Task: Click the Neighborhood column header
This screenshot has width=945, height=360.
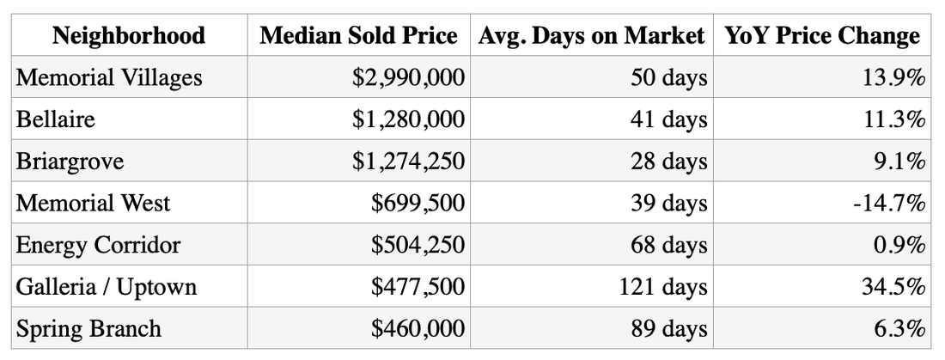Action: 129,35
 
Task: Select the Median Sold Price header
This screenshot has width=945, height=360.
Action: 358,35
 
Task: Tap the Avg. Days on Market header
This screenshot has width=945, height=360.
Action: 591,36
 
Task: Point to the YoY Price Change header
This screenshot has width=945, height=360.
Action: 822,36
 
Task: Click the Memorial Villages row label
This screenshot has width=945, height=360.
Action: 109,77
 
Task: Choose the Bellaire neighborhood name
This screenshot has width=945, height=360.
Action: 56,119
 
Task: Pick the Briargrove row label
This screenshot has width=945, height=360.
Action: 70,162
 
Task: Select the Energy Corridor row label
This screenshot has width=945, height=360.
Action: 98,245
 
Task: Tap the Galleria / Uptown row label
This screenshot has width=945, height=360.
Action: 106,286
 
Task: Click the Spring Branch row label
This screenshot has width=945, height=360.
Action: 88,329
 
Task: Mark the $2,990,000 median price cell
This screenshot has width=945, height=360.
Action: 409,78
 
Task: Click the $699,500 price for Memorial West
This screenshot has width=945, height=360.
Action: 418,204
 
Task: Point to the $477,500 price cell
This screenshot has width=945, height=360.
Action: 418,287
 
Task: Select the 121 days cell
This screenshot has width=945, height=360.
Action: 663,286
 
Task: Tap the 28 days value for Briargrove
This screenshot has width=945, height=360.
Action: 669,162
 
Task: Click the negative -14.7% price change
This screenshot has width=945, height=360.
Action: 889,204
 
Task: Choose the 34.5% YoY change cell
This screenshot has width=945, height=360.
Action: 893,286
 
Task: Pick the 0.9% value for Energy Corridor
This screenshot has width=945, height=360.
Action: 899,245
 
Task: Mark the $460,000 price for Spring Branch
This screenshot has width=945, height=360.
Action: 418,329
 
